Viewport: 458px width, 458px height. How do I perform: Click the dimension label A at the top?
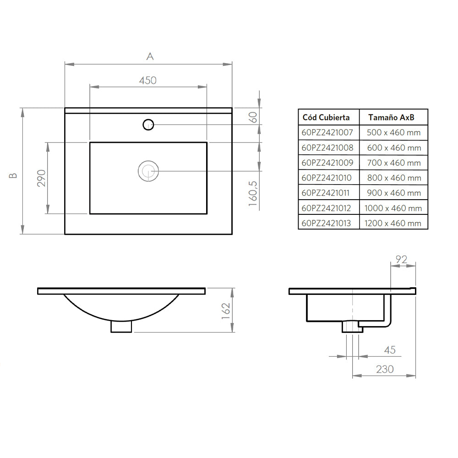point(149,56)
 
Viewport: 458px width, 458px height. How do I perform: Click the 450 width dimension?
point(148,80)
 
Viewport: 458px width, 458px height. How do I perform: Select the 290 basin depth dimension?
point(41,178)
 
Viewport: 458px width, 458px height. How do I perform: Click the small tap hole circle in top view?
point(148,124)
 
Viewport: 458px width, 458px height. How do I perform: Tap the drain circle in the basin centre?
point(148,171)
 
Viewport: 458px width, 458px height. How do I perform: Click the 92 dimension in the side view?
point(401,259)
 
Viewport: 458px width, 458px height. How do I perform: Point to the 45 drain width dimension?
point(389,350)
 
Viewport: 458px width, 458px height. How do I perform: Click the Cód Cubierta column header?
point(326,117)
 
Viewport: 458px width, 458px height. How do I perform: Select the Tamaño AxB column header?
point(392,117)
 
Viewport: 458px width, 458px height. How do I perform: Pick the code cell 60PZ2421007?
point(327,133)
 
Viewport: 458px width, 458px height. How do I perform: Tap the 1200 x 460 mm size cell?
point(393,223)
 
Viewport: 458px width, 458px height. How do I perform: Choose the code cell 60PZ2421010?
point(327,178)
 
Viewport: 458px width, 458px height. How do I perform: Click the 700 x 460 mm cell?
point(393,163)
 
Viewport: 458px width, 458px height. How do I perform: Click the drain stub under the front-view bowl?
point(121,326)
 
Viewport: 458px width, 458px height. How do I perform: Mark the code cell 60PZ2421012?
point(327,208)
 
